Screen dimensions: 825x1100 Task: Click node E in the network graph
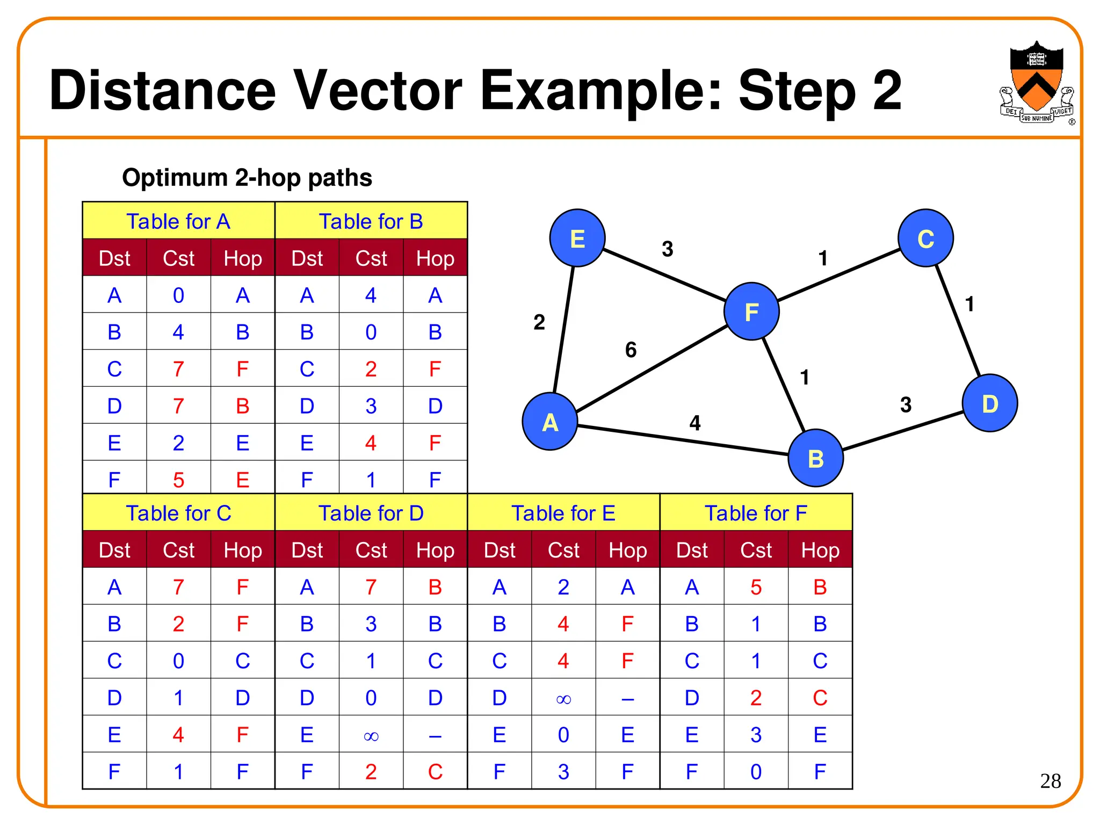(x=577, y=238)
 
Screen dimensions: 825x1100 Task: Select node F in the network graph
(x=751, y=312)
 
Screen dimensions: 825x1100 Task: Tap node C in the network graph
(x=925, y=238)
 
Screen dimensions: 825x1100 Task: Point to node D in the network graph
(x=989, y=403)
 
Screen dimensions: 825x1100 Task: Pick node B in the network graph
(x=815, y=458)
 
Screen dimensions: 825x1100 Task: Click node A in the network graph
(x=549, y=422)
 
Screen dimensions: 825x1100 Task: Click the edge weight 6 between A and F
(x=631, y=350)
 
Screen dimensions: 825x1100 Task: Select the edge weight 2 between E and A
(x=539, y=322)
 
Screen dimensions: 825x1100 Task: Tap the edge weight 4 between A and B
(x=694, y=423)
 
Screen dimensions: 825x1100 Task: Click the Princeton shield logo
(x=1037, y=83)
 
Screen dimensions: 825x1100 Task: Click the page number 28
(x=1050, y=781)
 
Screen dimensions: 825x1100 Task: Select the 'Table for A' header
(x=178, y=221)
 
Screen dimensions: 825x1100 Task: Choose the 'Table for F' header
(x=756, y=513)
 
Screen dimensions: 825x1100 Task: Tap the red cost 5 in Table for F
(x=756, y=587)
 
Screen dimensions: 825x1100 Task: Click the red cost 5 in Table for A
(x=178, y=480)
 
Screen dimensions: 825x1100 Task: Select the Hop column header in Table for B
(x=435, y=258)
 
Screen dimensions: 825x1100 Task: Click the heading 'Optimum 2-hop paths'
(x=247, y=178)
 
